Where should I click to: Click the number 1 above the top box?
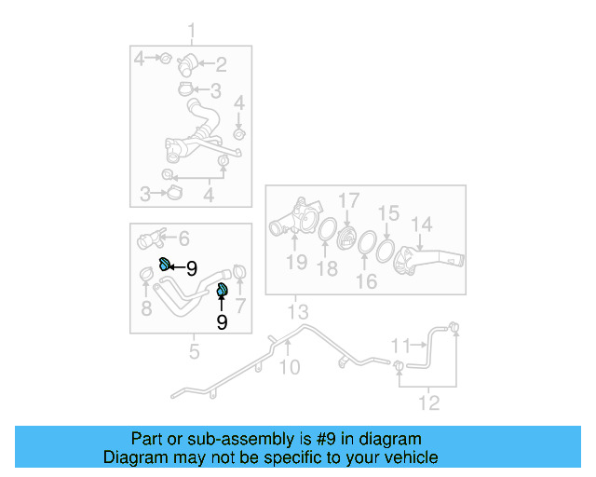193,34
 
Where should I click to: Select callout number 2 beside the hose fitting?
221,64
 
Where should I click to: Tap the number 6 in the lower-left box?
183,238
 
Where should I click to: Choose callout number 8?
146,307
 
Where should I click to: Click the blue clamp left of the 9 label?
164,265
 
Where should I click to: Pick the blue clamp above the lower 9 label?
223,291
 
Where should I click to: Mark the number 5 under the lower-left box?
194,352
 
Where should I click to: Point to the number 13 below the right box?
297,310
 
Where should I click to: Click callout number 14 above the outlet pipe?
422,224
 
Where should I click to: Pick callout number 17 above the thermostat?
347,199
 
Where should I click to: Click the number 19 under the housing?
296,262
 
